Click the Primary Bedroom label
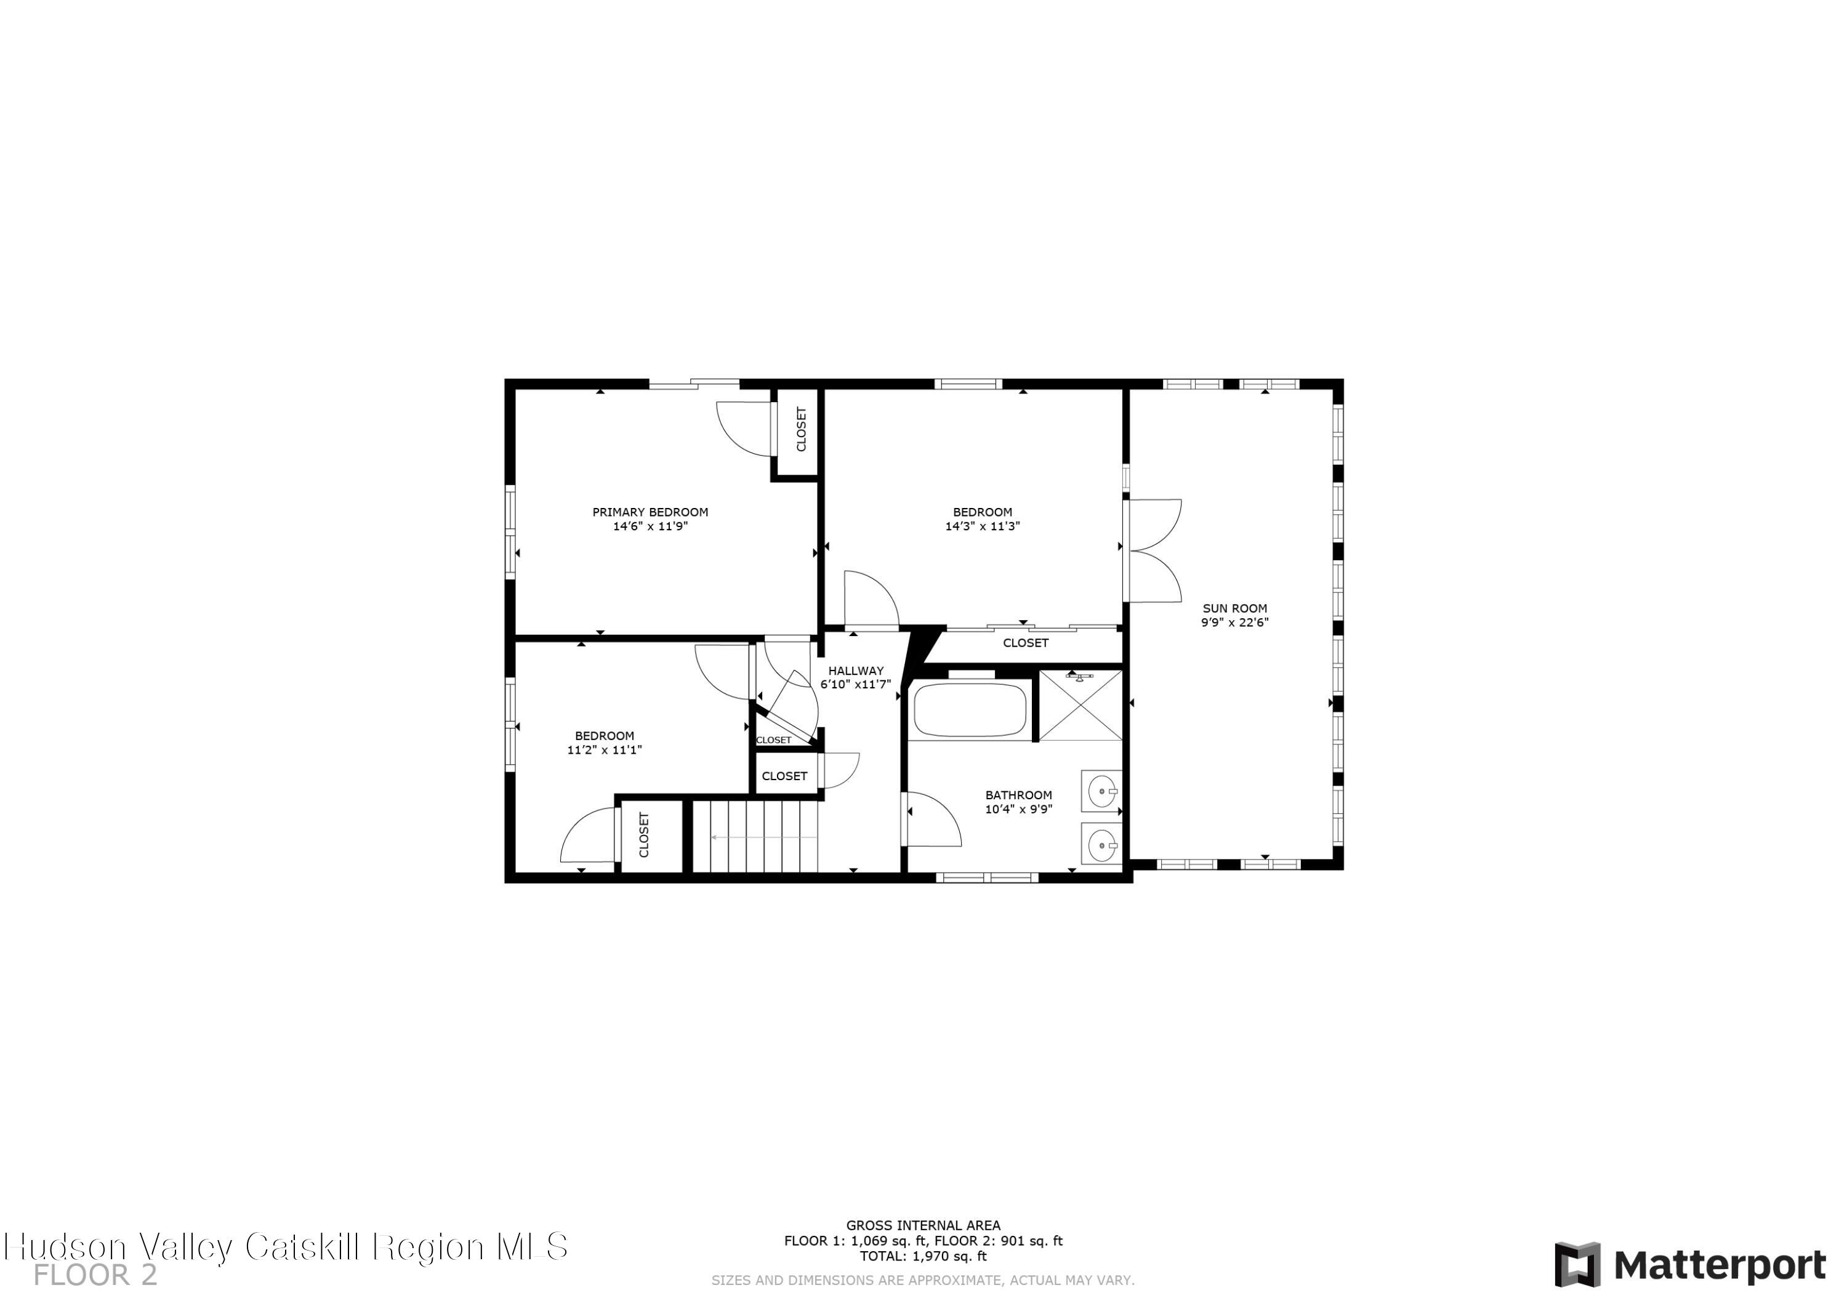650,512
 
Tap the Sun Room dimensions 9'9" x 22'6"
1235,622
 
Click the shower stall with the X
1080,706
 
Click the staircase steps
755,836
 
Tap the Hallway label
856,671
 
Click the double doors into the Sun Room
1152,550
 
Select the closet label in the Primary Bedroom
801,429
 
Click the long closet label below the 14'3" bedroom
1026,643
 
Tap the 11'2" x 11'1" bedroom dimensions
604,750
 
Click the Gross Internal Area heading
923,1225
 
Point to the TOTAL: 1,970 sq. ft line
923,1256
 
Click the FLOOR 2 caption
95,1275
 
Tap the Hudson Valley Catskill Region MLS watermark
286,1246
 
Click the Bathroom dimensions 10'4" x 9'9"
1018,810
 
